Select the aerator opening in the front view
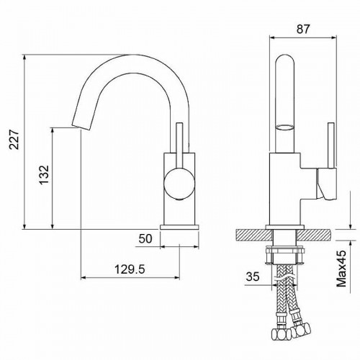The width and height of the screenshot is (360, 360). coord(285,127)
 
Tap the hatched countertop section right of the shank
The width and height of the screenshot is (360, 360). coord(316,234)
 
